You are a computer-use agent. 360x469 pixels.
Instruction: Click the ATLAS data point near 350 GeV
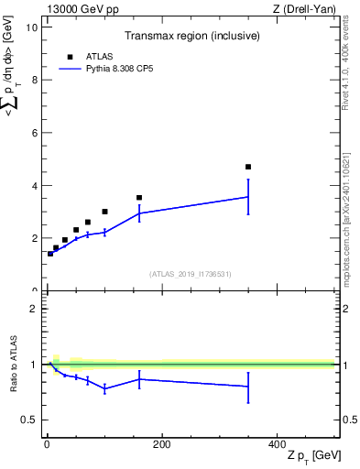248,167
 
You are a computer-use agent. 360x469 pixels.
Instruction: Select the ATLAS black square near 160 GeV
139,197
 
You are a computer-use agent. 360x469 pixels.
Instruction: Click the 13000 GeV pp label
81,9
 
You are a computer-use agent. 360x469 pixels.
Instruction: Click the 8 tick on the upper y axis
33,80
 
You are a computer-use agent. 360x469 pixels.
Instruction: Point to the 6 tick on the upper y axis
33,133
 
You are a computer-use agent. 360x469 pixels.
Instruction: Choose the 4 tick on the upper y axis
33,185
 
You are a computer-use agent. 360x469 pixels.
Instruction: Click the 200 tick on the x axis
161,444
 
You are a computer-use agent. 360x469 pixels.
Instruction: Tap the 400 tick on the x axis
277,444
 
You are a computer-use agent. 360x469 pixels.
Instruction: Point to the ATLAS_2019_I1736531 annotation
191,274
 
